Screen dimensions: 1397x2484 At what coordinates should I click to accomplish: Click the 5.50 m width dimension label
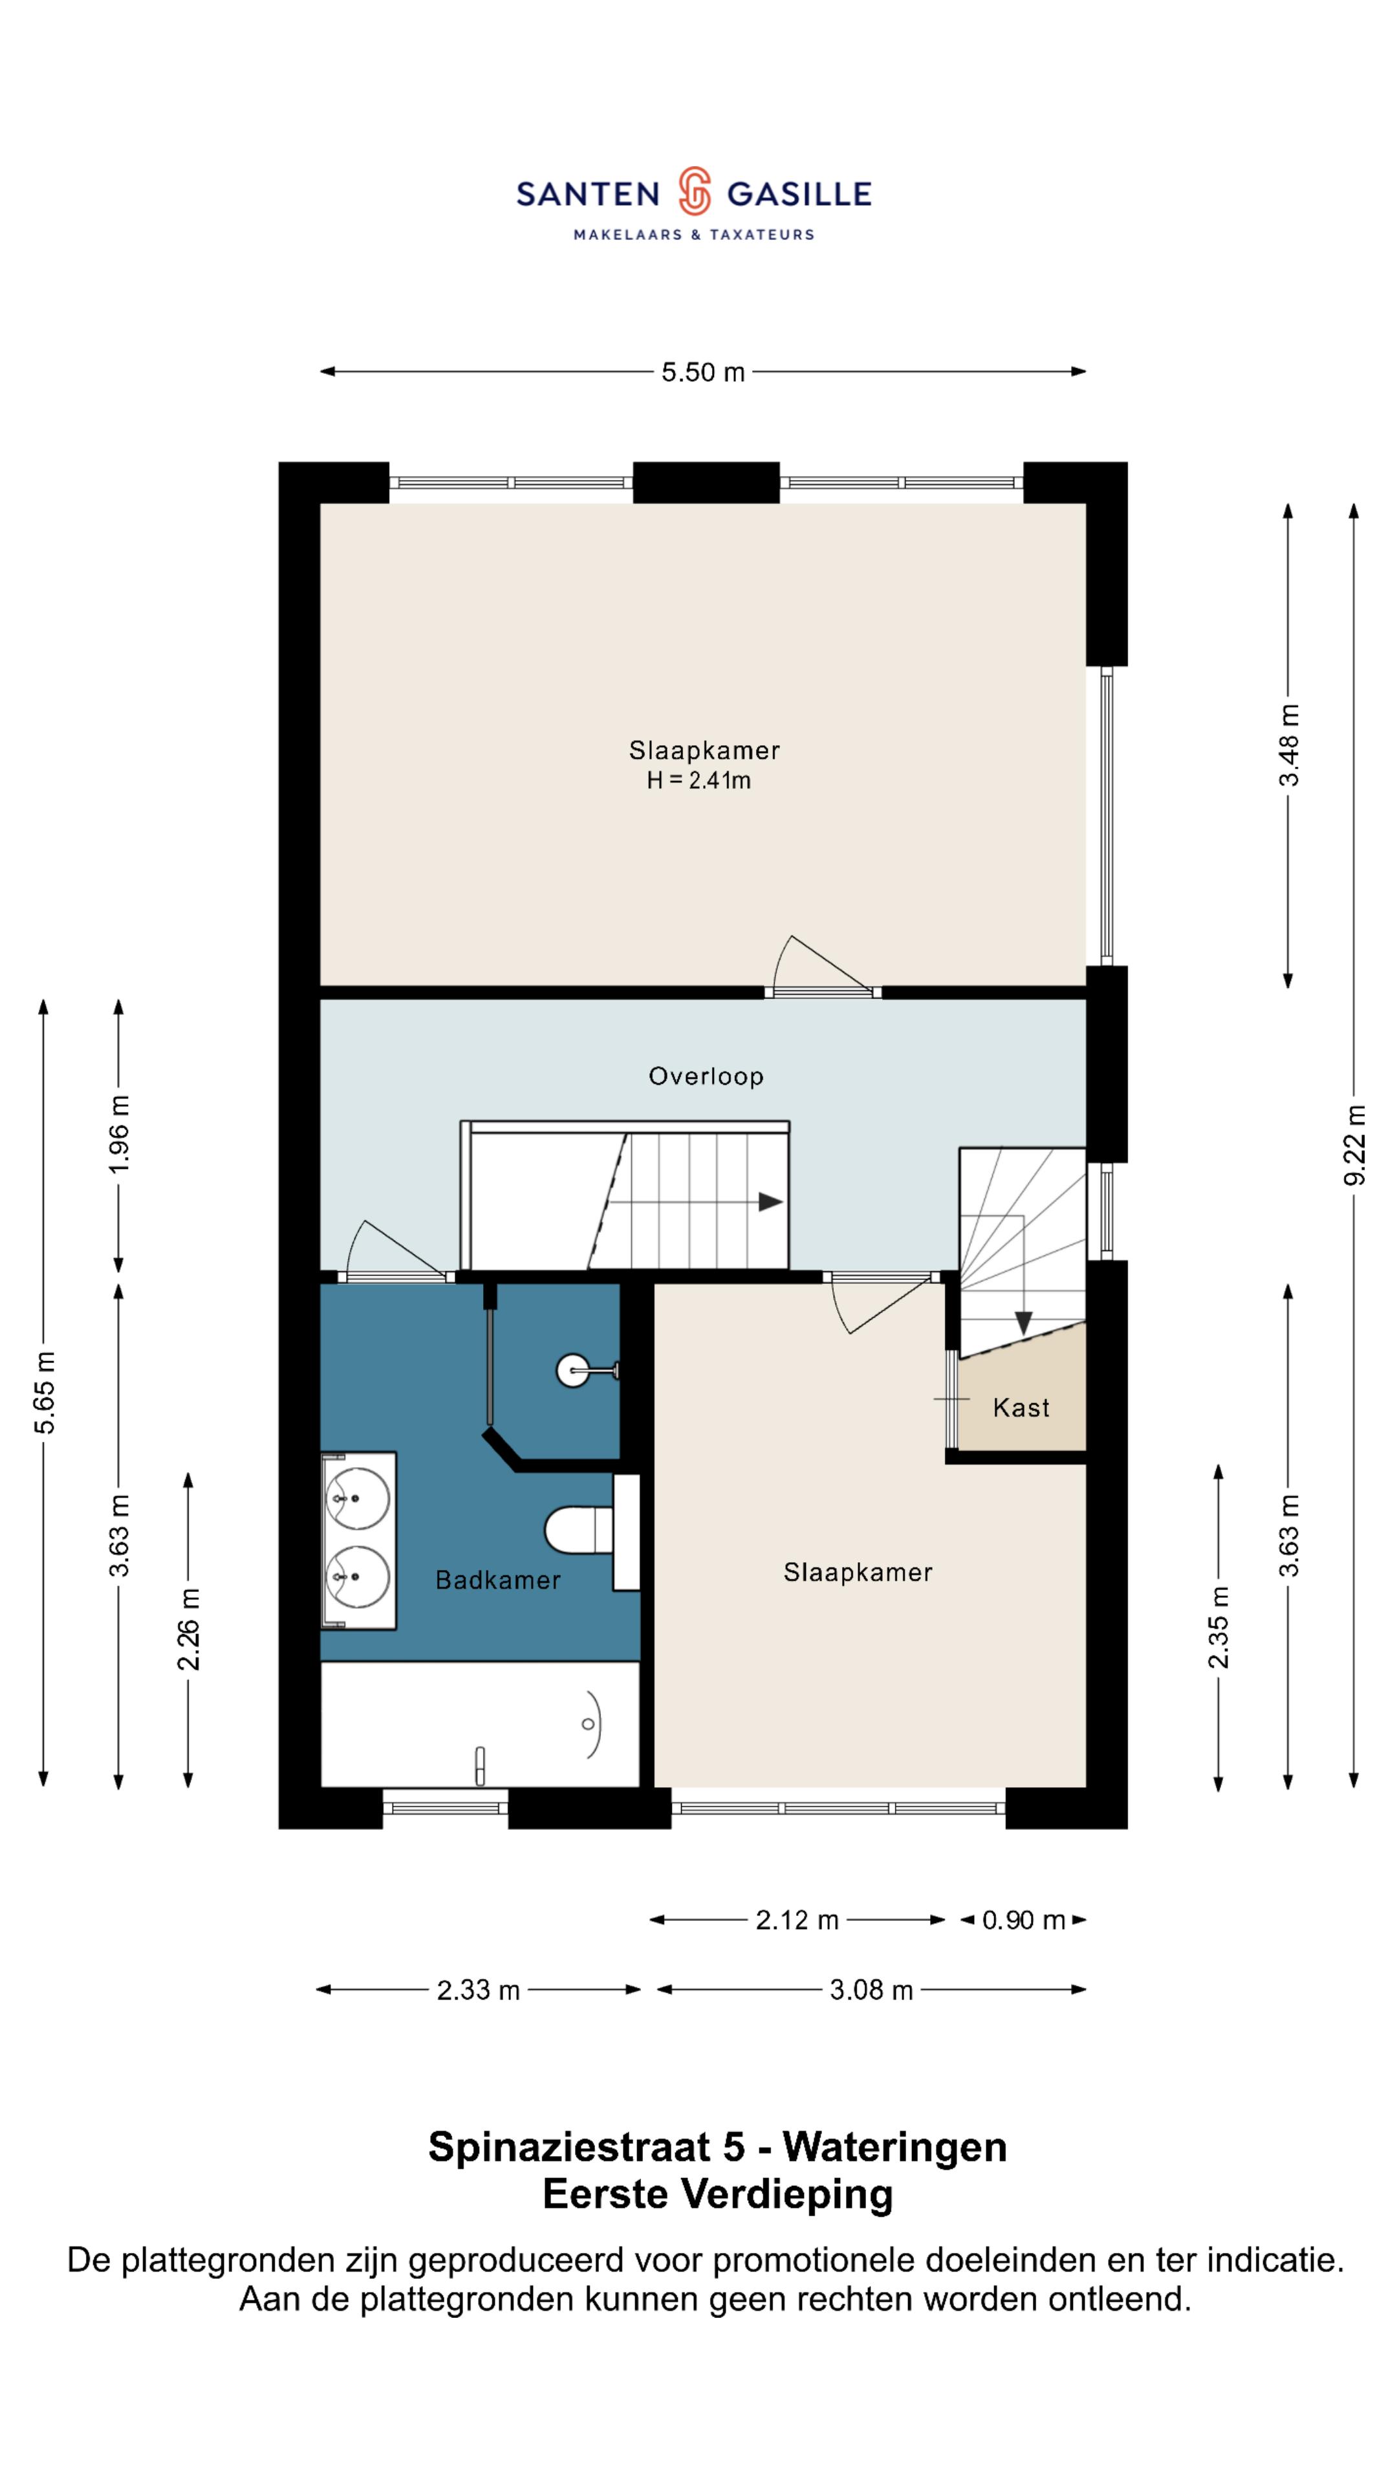pyautogui.click(x=703, y=372)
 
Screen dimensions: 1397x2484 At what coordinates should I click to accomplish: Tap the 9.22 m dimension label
pyautogui.click(x=1354, y=1144)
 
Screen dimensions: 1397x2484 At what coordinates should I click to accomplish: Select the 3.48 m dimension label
pyautogui.click(x=1288, y=745)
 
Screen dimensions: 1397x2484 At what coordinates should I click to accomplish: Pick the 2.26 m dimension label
pyautogui.click(x=188, y=1629)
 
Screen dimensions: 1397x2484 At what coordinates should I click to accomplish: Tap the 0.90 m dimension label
pyautogui.click(x=1023, y=1920)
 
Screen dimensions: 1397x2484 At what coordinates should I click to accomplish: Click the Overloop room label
pyautogui.click(x=706, y=1076)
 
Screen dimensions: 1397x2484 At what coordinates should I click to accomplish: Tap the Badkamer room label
pyautogui.click(x=497, y=1580)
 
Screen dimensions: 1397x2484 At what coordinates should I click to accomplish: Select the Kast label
pyautogui.click(x=1021, y=1408)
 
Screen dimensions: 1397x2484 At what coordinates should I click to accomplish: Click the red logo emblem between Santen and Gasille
pyautogui.click(x=693, y=191)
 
